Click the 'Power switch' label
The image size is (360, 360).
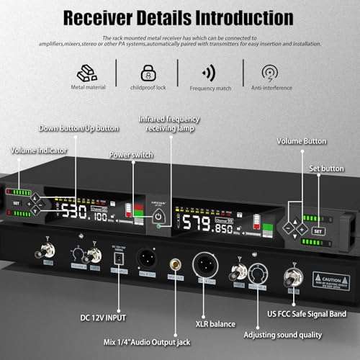(131, 155)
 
